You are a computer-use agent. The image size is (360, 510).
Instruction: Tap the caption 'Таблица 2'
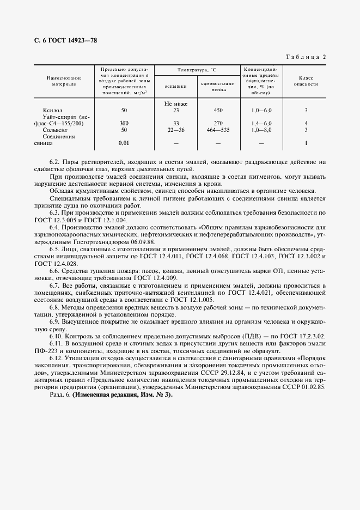pos(305,57)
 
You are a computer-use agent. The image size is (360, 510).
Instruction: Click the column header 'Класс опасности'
pos(306,82)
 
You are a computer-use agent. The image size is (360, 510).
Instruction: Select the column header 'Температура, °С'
pos(197,71)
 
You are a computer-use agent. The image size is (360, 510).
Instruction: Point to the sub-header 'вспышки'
pos(175,86)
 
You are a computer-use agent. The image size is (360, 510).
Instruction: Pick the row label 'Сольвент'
pos(54,130)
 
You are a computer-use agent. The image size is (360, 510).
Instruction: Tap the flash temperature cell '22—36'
pos(176,130)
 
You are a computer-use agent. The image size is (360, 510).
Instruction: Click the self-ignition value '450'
pos(218,110)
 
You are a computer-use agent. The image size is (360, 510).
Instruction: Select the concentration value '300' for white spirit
pos(124,123)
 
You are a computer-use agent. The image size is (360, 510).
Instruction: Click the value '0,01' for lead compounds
pos(125,143)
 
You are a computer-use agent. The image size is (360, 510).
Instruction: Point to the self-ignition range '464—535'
pos(218,130)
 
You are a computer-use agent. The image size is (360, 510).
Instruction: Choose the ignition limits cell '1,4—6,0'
pos(261,123)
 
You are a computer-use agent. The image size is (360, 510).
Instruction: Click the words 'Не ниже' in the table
pos(175,103)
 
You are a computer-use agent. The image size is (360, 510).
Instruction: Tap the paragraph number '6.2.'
pos(55,162)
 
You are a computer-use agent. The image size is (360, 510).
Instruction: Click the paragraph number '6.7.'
pos(55,286)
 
